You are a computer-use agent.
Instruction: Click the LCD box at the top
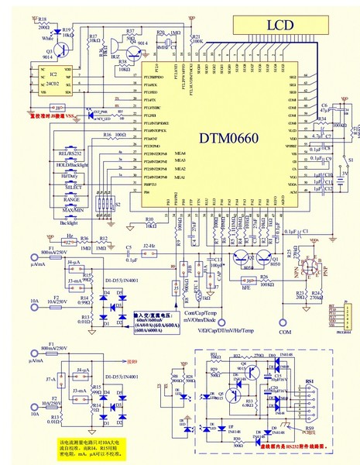pos(281,26)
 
